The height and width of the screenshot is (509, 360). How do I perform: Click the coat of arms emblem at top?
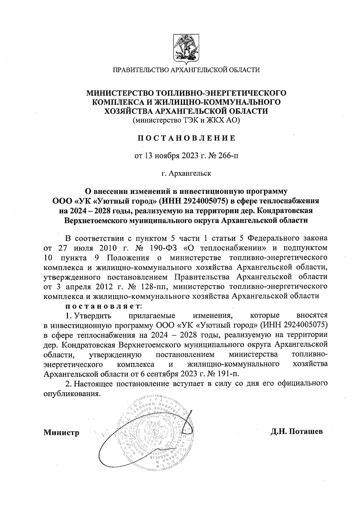point(186,49)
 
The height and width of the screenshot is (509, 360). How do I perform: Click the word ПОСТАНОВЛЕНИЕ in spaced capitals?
point(186,138)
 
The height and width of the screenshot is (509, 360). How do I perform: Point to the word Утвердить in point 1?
point(93,316)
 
